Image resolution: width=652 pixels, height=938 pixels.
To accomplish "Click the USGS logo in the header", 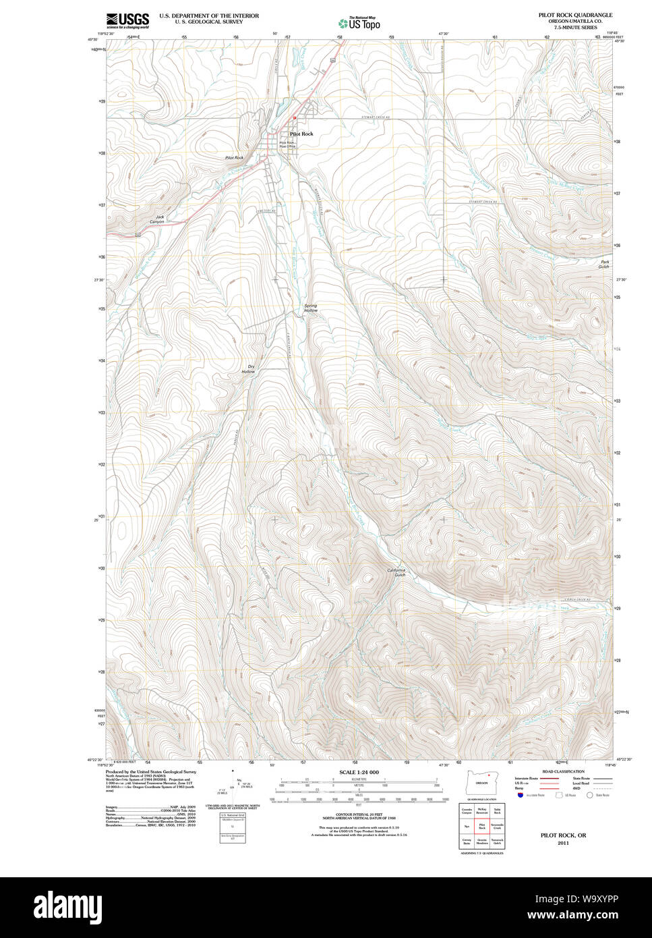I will point(127,20).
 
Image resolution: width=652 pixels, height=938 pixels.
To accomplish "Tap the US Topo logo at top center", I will point(359,22).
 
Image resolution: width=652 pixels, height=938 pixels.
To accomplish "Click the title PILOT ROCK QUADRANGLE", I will point(575,14).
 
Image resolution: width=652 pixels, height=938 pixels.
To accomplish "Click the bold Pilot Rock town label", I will point(301,134).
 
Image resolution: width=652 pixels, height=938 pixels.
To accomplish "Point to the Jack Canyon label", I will point(156,219).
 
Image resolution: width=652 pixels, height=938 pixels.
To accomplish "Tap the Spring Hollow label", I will point(310,308).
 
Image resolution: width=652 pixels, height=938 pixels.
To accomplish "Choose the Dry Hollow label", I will point(249,369).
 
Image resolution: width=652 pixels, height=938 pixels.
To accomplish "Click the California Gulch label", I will point(396,572).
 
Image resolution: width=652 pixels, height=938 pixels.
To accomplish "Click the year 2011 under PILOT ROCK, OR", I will point(563,844).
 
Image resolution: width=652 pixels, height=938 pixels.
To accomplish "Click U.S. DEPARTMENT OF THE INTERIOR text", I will point(209,16).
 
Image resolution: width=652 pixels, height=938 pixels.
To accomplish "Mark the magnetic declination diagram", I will point(233,786).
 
